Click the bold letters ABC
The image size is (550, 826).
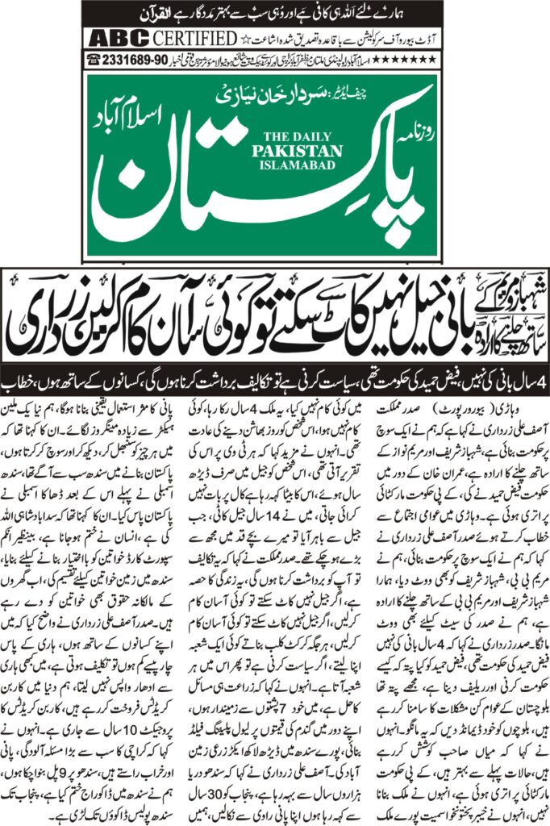coord(115,38)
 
